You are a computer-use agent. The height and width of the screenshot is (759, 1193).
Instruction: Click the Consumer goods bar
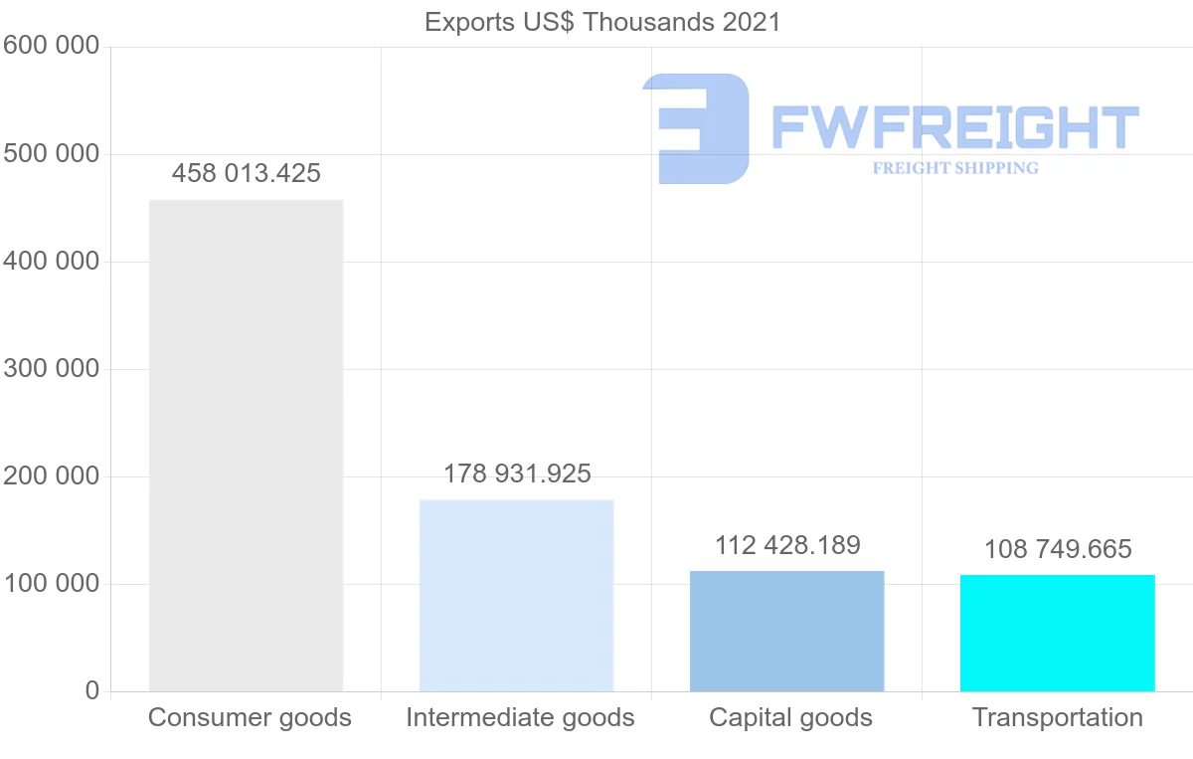coord(246,445)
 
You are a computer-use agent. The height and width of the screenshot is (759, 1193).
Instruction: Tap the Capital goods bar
coord(786,631)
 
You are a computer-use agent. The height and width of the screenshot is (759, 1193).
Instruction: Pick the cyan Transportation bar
coord(1057,633)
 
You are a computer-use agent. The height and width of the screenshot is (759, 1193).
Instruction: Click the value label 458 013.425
coord(246,173)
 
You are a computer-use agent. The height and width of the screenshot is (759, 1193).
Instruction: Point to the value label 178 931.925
coord(516,474)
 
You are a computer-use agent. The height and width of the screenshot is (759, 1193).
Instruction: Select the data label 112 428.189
coord(786,545)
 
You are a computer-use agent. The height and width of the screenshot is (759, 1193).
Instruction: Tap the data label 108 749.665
coord(1057,549)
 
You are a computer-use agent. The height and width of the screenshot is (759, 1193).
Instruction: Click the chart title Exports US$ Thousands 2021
coord(602,22)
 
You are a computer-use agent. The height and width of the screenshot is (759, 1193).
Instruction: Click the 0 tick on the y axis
coord(91,691)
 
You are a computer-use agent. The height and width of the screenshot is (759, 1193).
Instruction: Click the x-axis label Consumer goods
coord(250,717)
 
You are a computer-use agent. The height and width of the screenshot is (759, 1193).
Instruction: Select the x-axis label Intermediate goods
coord(519,717)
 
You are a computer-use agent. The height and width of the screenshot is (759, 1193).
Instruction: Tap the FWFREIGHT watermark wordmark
coord(954,127)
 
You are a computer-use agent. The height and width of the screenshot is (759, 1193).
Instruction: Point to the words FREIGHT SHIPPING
coord(954,168)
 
